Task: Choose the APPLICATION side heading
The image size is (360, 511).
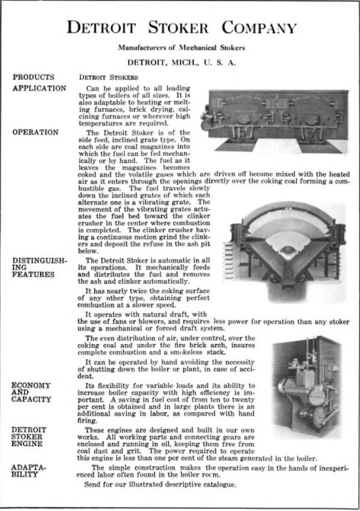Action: (x=39, y=87)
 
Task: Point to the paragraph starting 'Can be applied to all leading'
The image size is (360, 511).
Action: (x=139, y=103)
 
